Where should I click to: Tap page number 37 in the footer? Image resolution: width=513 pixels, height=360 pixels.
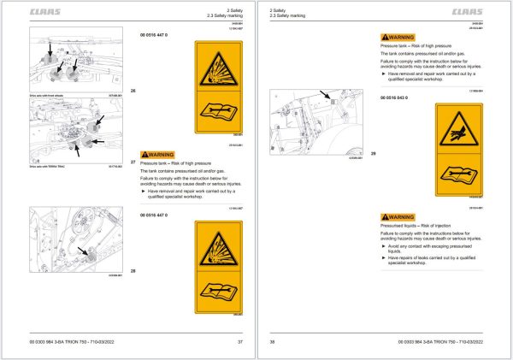(x=241, y=341)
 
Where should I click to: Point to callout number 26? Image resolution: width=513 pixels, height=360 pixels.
(x=132, y=91)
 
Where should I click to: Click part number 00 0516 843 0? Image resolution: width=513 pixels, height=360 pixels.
(x=398, y=98)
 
